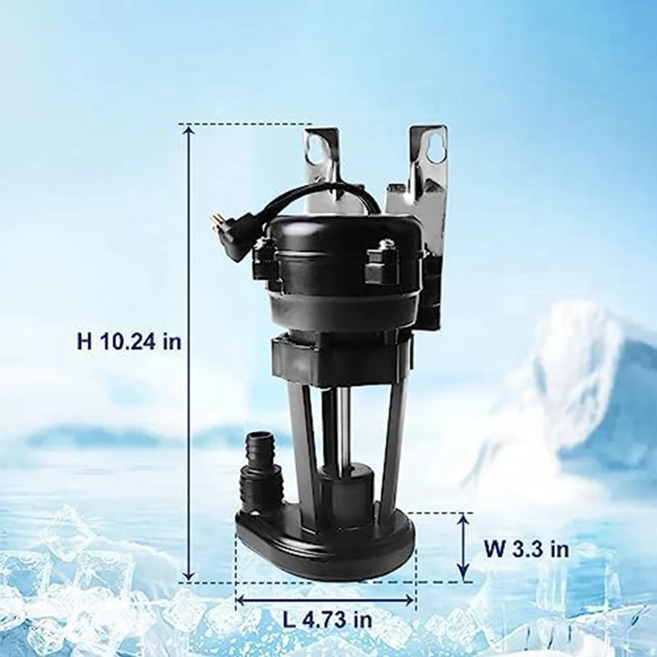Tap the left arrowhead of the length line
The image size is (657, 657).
pos(241,600)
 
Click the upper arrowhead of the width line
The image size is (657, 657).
pos(464,520)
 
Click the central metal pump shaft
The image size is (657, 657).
pos(339,427)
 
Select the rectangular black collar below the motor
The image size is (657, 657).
pos(342,357)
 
